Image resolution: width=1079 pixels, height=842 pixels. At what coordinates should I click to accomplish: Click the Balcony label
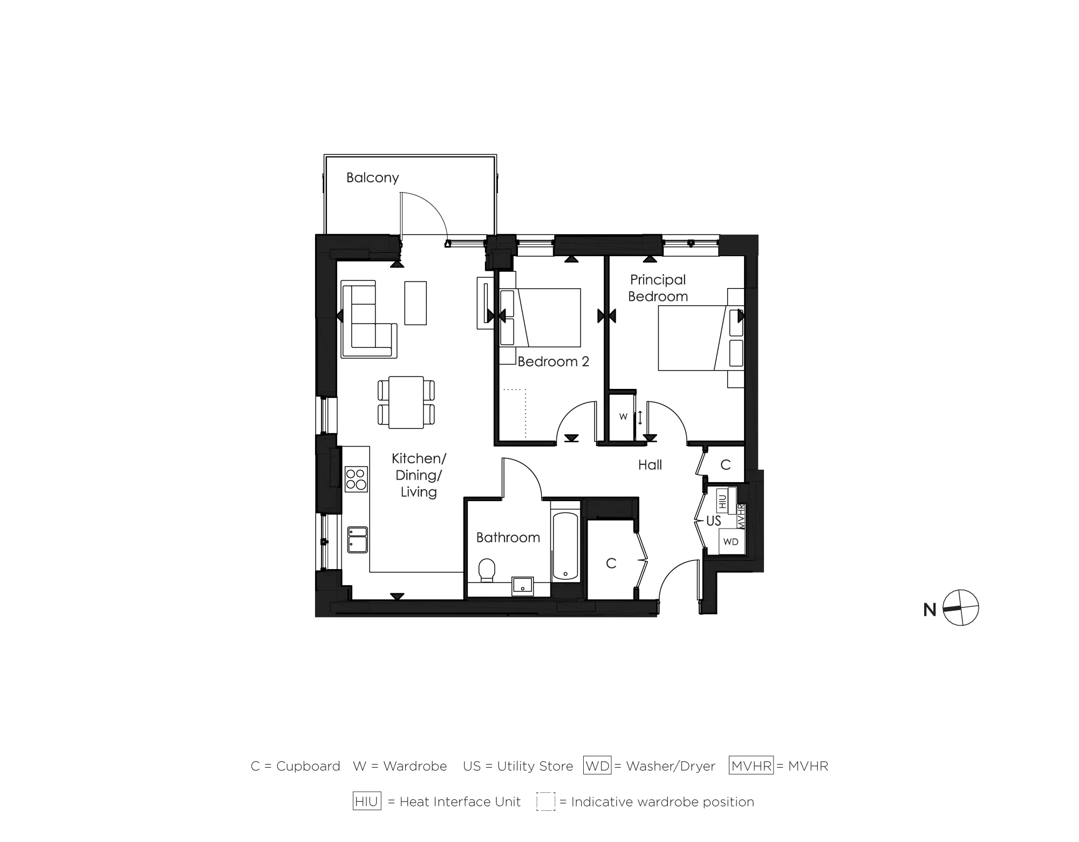tap(372, 177)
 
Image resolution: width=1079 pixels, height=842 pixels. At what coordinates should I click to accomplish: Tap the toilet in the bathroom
tap(487, 570)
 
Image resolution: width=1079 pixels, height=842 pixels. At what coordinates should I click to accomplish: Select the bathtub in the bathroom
tap(565, 546)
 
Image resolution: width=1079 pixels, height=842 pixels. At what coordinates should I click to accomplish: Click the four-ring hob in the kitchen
tap(356, 479)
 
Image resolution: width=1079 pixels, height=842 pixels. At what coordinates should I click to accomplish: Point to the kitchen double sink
tap(357, 539)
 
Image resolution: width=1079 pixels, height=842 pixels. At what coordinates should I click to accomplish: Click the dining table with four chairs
tap(406, 402)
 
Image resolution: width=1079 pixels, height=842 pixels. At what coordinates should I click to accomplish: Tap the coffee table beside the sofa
tap(415, 303)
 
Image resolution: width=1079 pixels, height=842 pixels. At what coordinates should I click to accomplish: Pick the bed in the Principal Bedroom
tap(693, 338)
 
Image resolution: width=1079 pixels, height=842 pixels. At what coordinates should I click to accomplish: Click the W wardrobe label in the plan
tap(623, 416)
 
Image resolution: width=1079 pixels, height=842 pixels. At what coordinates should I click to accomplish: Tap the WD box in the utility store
tap(730, 542)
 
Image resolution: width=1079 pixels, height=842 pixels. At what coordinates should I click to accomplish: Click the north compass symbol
tap(961, 608)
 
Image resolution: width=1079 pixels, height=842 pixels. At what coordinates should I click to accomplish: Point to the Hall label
tap(650, 465)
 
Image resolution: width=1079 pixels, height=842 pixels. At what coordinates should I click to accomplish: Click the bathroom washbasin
tap(522, 586)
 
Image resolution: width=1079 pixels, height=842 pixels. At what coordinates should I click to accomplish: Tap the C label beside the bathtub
tap(611, 563)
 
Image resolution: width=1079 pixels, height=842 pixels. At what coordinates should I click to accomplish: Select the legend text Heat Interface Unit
tap(460, 802)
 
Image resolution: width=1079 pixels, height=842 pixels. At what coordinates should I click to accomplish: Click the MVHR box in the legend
tap(751, 766)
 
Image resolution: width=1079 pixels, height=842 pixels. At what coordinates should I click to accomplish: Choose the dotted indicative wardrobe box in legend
tap(545, 802)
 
